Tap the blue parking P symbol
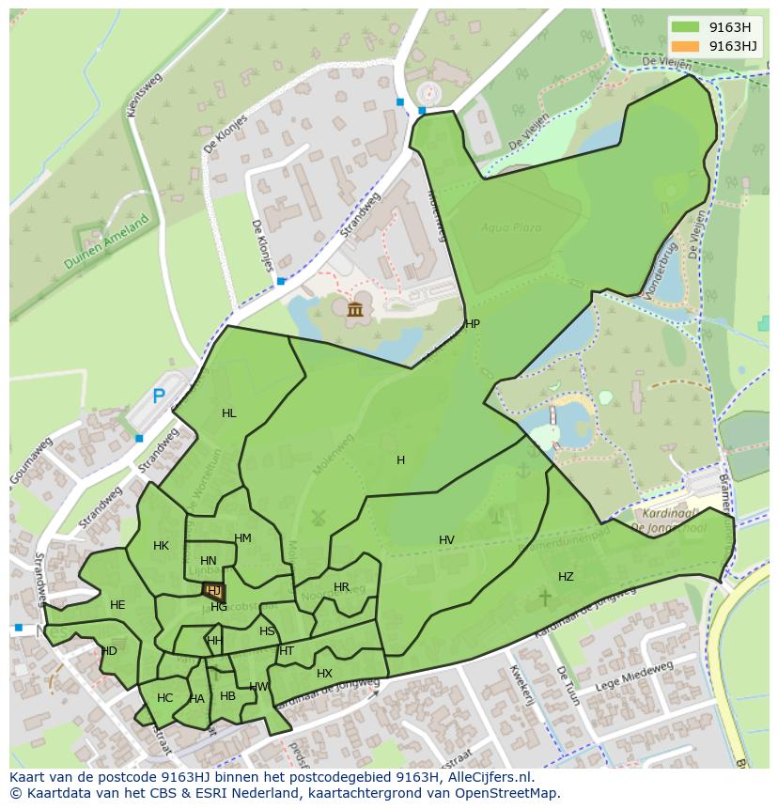pos(159,397)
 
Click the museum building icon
pos(355,309)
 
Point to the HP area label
pos(473,324)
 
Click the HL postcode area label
pos(229,413)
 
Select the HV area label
pos(446,540)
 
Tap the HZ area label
pos(566,577)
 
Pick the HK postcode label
pos(161,546)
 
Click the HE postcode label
pos(117,605)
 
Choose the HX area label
pos(324,674)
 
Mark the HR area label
pos(341,587)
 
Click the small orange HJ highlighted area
pos(214,591)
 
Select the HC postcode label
pos(164,698)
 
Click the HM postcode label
pos(242,538)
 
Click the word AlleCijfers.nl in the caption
pos(488,777)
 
